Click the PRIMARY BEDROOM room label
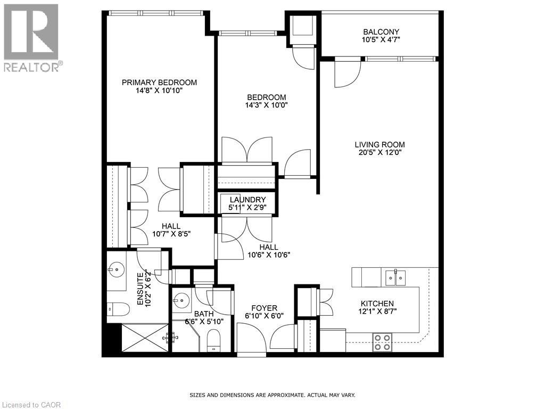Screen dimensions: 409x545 coord(159,83)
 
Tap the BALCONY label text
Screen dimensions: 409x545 coord(381,32)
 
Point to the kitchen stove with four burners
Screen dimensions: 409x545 coord(382,341)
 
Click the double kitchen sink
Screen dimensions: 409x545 coord(394,277)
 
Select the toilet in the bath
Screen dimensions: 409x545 coord(213,340)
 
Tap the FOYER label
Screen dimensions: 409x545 coord(264,308)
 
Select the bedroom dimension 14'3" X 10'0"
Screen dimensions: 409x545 coord(266,105)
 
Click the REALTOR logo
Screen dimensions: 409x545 coord(32,37)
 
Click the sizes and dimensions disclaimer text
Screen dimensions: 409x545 coord(272,395)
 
